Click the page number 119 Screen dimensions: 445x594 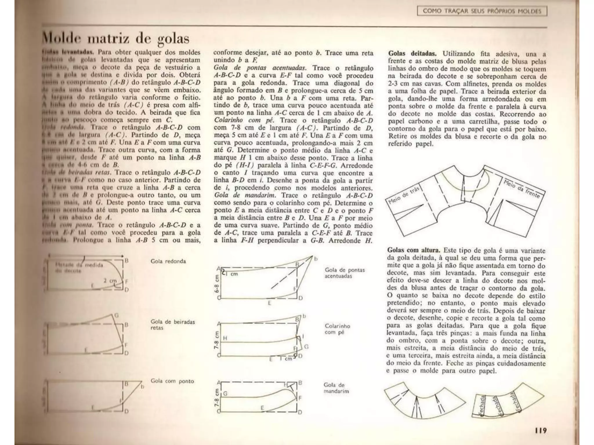pyautogui.click(x=541, y=431)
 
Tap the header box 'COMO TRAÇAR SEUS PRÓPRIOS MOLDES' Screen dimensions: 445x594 pyautogui.click(x=482, y=11)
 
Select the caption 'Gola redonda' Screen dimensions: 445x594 pyautogui.click(x=168, y=261)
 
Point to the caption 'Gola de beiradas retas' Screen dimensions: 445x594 pyautogui.click(x=173, y=325)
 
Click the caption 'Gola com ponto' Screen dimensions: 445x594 pyautogui.click(x=172, y=381)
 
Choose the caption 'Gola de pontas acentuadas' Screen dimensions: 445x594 pyautogui.click(x=345, y=273)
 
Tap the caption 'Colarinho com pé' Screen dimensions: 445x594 pyautogui.click(x=337, y=329)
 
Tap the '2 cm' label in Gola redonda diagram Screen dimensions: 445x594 pyautogui.click(x=110, y=280)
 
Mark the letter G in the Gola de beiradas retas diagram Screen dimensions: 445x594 pyautogui.click(x=116, y=315)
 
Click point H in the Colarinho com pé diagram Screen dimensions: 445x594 pyautogui.click(x=225, y=338)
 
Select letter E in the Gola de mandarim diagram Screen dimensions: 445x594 pyautogui.click(x=262, y=408)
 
